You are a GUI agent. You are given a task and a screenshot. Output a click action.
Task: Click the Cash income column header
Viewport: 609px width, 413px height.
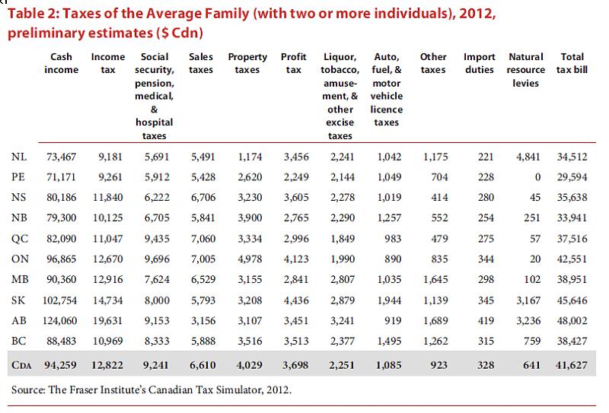(61, 63)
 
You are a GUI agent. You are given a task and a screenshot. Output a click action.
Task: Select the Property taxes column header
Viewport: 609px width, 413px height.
(247, 63)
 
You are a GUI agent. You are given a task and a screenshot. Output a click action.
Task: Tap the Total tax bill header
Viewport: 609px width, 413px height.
(572, 63)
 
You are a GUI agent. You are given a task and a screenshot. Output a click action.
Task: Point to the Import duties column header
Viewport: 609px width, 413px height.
(480, 63)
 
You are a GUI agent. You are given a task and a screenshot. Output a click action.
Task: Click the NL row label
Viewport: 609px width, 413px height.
(19, 157)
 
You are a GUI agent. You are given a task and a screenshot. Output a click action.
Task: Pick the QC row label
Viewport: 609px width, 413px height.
(20, 238)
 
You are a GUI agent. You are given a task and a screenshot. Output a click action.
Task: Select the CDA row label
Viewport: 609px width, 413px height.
(21, 365)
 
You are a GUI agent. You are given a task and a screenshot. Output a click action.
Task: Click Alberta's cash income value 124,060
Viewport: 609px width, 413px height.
(60, 321)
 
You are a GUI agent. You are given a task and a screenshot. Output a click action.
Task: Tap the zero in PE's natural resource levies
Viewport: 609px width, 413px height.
(537, 177)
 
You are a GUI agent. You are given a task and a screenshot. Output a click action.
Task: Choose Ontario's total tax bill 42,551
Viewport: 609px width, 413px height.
(572, 259)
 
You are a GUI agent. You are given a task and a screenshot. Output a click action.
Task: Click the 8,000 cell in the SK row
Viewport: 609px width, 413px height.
(157, 300)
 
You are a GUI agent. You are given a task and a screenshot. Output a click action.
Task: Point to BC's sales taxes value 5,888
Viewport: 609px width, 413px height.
(203, 341)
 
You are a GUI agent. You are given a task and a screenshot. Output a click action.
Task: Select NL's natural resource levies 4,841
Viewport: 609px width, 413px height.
(528, 157)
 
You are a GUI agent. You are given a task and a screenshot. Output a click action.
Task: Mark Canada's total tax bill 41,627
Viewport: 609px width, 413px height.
(572, 365)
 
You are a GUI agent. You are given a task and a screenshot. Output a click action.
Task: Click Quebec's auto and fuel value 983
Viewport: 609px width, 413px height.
(393, 238)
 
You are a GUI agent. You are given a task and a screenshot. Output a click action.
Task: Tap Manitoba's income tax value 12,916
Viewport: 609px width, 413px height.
(107, 279)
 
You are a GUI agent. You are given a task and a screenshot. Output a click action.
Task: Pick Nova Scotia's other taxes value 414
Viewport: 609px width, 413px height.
(440, 197)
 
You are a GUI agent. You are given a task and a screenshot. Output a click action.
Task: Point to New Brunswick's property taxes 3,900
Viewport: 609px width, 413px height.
(250, 218)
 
